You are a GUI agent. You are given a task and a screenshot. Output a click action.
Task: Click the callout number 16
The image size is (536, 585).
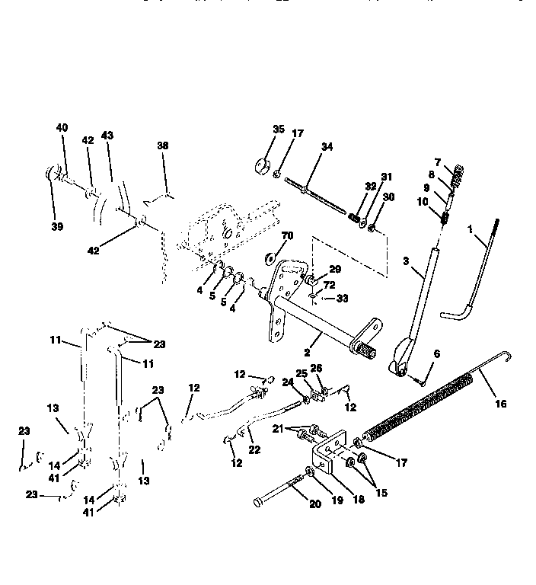point(500,404)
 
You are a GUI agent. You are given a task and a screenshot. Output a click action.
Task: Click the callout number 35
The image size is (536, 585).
point(278,129)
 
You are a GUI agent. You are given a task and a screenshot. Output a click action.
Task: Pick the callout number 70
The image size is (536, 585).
point(287,235)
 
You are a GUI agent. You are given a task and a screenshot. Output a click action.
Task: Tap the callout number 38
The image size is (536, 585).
point(162,145)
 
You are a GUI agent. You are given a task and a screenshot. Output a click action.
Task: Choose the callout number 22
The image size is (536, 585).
point(254,450)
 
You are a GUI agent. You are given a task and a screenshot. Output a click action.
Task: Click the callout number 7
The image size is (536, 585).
point(437,162)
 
